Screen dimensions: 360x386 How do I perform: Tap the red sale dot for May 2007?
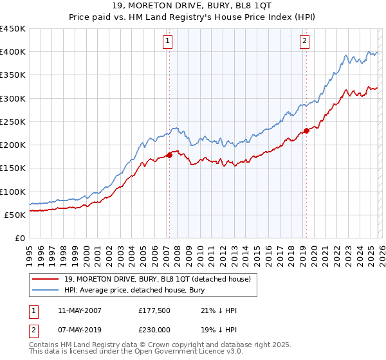click(x=169, y=155)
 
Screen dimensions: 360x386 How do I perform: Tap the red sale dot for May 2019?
click(x=306, y=130)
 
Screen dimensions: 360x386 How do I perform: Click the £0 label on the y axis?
click(x=19, y=238)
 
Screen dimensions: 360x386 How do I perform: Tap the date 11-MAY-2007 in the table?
click(x=74, y=310)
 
